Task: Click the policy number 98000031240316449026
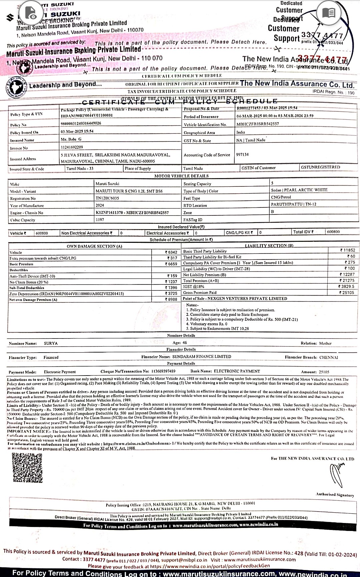point(81,123)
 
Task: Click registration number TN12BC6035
point(107,198)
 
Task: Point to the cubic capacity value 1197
point(100,220)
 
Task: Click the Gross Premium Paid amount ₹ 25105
point(347,293)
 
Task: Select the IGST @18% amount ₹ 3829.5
point(346,286)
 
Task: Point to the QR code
point(27,468)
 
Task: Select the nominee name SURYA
point(51,343)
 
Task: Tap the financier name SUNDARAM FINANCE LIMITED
point(202,357)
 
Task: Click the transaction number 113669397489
point(163,371)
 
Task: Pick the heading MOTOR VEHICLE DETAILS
point(181,176)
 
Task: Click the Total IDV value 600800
point(333,232)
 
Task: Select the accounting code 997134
point(242,155)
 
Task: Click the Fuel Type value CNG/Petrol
point(281,197)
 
